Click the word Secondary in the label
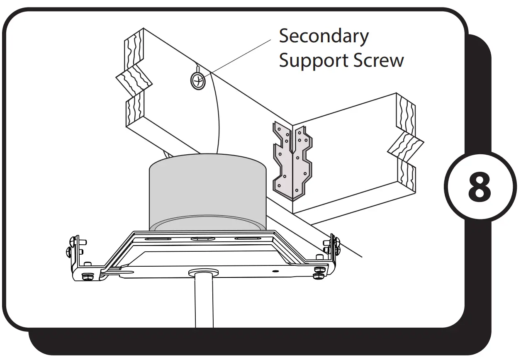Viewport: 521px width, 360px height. click(x=324, y=36)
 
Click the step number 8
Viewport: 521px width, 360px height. click(x=480, y=187)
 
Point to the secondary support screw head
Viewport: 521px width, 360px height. click(x=198, y=80)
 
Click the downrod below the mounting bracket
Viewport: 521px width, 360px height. click(x=204, y=303)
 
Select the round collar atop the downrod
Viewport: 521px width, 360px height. click(x=204, y=272)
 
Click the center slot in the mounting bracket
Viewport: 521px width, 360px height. click(x=203, y=239)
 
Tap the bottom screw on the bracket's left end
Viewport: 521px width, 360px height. click(x=88, y=277)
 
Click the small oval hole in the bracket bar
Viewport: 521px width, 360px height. click(x=275, y=270)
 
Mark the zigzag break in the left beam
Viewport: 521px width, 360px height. click(x=134, y=81)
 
